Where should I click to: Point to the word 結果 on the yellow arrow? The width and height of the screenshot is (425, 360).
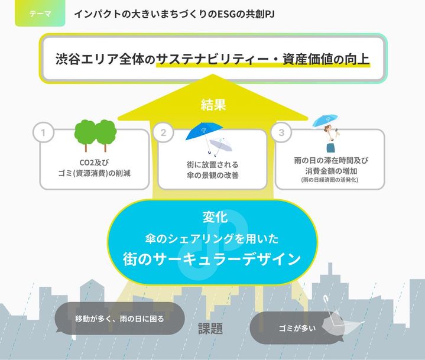[x=213, y=105]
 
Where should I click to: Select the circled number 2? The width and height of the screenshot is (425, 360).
[x=163, y=132]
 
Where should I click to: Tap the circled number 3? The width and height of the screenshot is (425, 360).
[x=281, y=132]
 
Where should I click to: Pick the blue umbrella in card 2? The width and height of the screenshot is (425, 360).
[x=203, y=134]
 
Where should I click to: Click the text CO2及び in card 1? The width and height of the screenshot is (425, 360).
[x=95, y=162]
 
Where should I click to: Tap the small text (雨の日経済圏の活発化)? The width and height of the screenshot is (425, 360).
[x=329, y=180]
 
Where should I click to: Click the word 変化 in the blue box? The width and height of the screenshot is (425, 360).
[x=213, y=218]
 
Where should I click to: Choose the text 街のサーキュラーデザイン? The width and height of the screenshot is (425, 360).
[x=213, y=260]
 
